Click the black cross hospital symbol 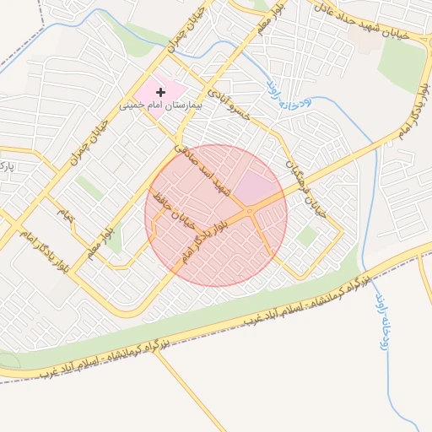point(160,90)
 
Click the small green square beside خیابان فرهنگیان point(306,238)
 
